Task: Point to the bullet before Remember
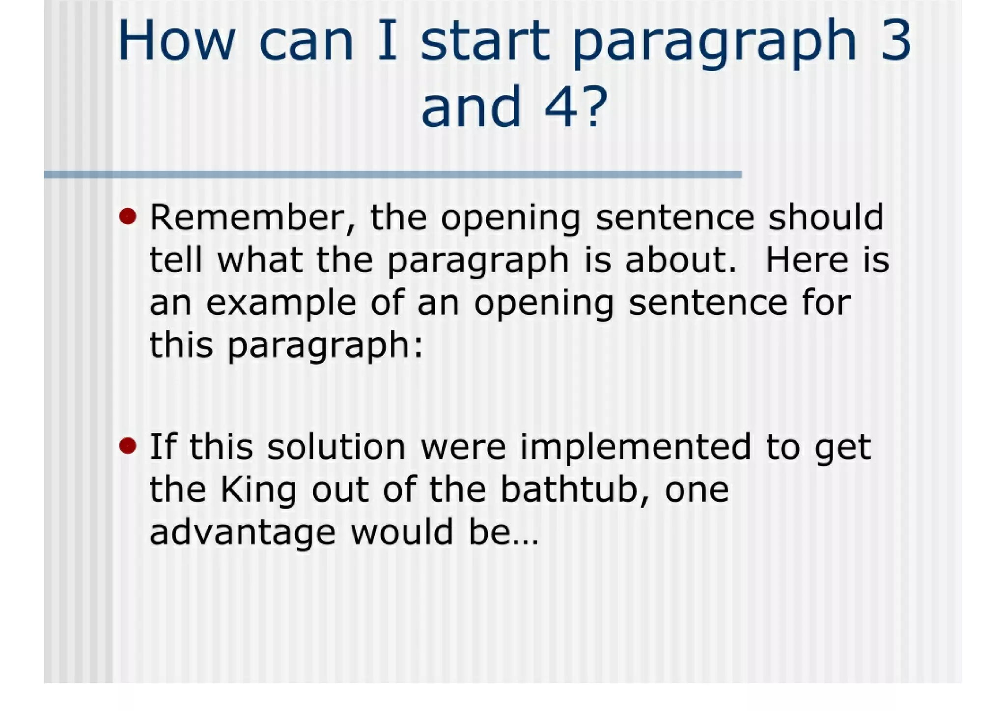pyautogui.click(x=128, y=216)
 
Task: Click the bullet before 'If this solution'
pyautogui.click(x=128, y=446)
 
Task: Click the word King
pyautogui.click(x=258, y=490)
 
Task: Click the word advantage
pyautogui.click(x=243, y=533)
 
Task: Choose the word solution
pyautogui.click(x=336, y=447)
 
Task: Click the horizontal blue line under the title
pyautogui.click(x=392, y=174)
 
